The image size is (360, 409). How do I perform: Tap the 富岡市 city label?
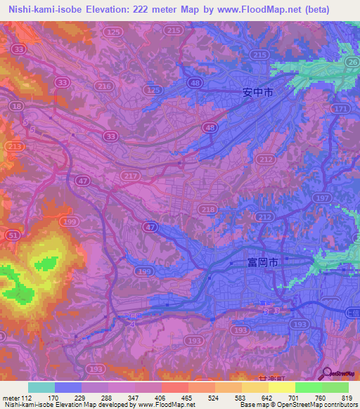tap(262, 261)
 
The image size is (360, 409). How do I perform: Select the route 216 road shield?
tap(105, 86)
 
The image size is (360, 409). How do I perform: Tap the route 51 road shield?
tap(13, 235)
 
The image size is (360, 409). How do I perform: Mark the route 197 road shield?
tap(323, 199)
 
